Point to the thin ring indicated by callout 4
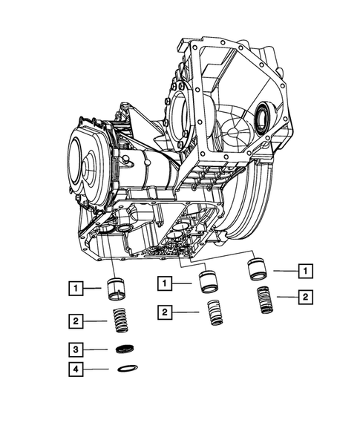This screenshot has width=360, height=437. point(127,369)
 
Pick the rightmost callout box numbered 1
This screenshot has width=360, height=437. point(304,271)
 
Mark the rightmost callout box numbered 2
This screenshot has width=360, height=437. point(304,298)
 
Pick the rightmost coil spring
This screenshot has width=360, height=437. point(264,300)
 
